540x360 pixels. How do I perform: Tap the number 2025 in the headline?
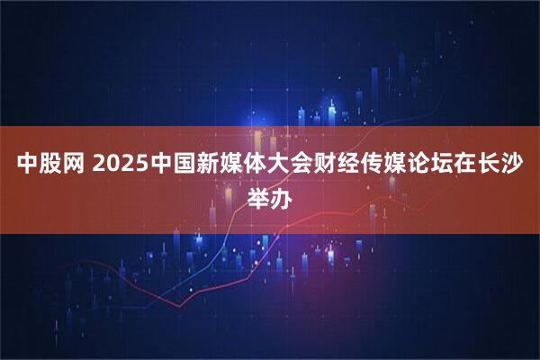(x=116, y=165)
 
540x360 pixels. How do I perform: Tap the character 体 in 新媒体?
(x=254, y=165)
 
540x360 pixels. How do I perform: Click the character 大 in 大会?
(x=278, y=165)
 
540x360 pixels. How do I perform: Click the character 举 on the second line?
(x=257, y=195)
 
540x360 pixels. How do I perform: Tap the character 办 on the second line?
(x=282, y=195)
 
